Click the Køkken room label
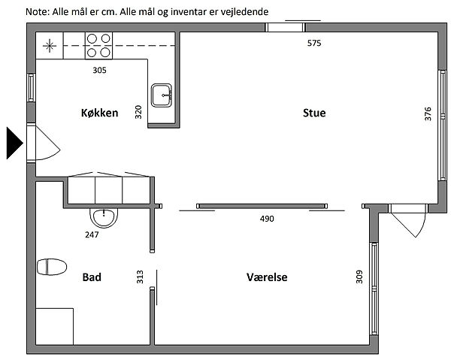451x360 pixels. (99, 113)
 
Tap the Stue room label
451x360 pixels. (314, 113)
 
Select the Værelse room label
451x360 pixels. (267, 277)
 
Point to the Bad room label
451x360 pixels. (92, 277)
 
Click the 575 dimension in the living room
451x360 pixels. (314, 43)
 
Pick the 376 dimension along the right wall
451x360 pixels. (428, 114)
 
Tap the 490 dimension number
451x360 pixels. (267, 219)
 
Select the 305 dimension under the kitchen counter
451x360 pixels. (99, 70)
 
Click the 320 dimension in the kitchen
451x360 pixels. (138, 112)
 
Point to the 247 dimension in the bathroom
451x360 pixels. (92, 235)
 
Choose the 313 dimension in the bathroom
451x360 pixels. (140, 277)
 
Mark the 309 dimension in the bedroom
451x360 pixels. (359, 277)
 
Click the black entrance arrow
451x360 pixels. (14, 144)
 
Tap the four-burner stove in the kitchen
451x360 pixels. (98, 46)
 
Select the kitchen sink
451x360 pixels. (162, 95)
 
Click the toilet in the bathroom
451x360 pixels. (52, 267)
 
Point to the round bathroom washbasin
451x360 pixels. (104, 217)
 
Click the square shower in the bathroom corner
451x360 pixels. (54, 326)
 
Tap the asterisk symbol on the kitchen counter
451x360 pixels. (50, 46)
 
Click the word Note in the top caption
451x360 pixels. (38, 12)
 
